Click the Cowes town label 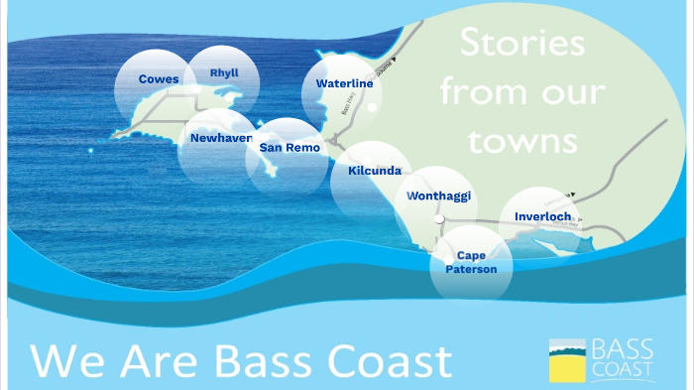coord(159,78)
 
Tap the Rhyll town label coord(224,72)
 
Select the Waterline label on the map coord(344,83)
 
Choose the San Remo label coord(289,147)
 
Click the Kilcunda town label coord(375,171)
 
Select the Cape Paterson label coord(471,261)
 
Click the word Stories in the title coord(521,43)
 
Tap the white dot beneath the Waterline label coord(372,107)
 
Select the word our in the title coord(576,92)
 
